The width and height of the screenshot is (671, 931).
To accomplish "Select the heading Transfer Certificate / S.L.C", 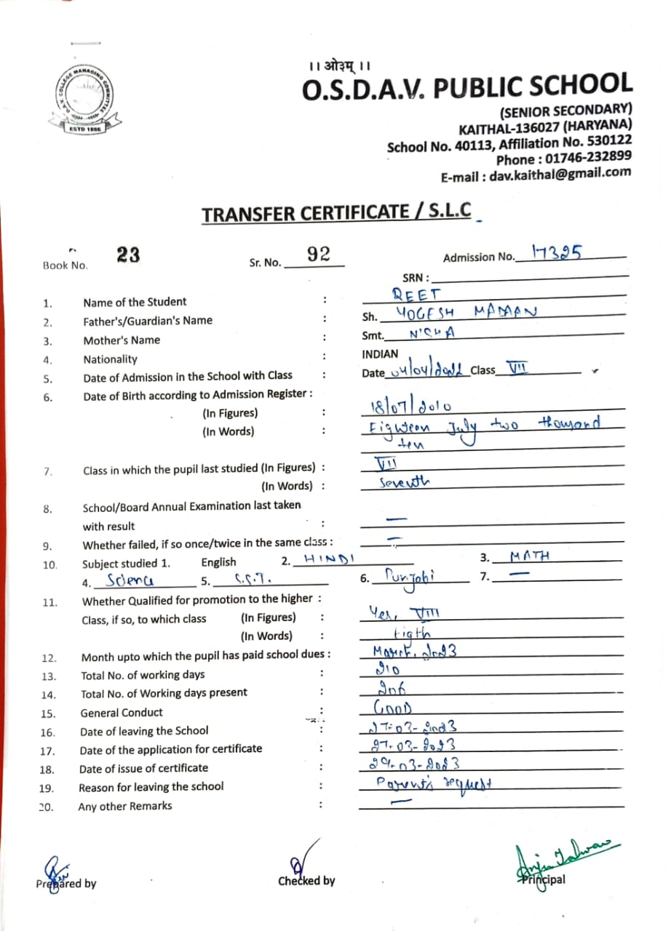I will point(336,214).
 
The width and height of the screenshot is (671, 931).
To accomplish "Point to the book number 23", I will point(128,255).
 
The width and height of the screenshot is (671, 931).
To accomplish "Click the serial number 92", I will point(319,254).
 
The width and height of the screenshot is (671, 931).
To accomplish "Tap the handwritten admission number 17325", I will point(557,252).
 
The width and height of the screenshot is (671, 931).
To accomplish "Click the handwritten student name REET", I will point(417,295).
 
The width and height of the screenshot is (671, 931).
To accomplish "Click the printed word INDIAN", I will point(380,354).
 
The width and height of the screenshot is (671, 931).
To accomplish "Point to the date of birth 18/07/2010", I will point(407,407).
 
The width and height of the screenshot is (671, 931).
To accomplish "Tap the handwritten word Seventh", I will point(405,482).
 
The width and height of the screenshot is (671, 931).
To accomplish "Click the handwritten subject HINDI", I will point(329,558).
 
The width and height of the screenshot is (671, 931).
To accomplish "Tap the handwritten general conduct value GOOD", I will point(393,708).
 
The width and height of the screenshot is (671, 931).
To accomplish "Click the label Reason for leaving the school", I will point(151,786).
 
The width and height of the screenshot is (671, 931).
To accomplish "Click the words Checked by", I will point(306,881).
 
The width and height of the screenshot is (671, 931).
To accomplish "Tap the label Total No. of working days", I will point(143,674).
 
